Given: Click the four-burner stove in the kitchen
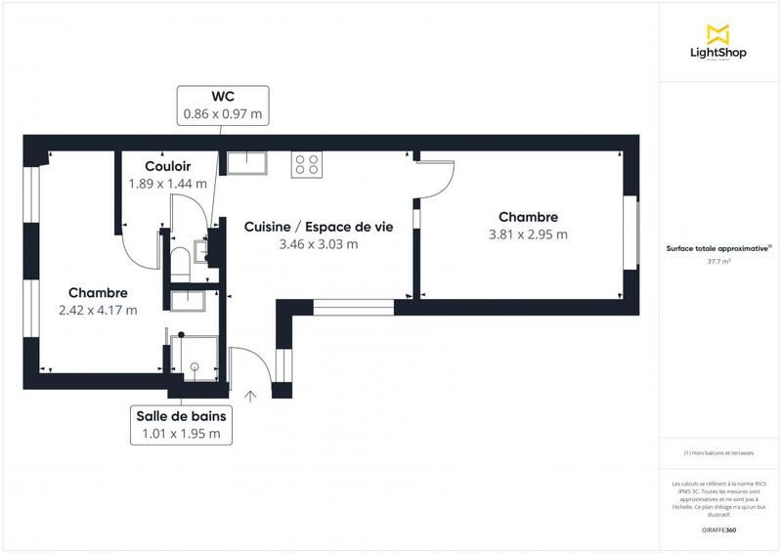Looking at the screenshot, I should (307, 165).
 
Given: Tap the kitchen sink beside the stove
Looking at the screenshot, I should (248, 161).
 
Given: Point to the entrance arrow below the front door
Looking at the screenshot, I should (251, 396).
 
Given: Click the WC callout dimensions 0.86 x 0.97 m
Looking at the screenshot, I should (223, 114).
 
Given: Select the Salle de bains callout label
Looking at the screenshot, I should (182, 416).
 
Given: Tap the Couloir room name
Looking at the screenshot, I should (167, 166).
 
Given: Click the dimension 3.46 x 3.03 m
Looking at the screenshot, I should (319, 244).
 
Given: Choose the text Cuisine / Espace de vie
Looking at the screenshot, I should (319, 226).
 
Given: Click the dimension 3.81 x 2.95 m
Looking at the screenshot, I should (528, 234).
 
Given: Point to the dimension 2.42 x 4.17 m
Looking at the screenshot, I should (98, 311).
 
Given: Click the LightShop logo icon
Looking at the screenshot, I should (719, 33).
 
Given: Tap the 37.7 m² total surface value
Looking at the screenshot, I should (719, 262).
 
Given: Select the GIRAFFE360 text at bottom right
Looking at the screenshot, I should (719, 530).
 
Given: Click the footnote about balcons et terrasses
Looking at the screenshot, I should (719, 452).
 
